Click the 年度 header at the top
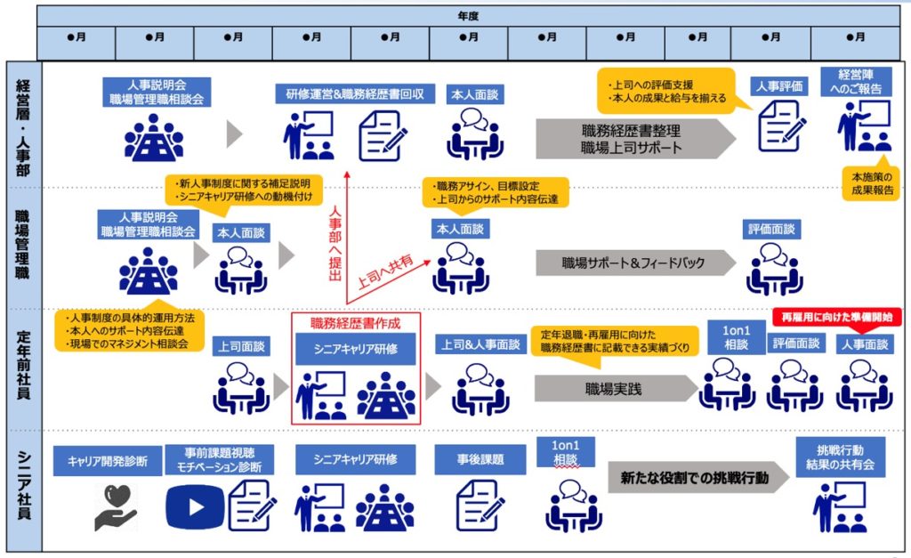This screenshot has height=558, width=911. click(x=468, y=15)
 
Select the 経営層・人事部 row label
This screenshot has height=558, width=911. click(x=22, y=125)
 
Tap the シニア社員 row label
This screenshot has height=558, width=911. click(x=22, y=489)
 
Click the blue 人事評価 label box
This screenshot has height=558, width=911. click(x=779, y=85)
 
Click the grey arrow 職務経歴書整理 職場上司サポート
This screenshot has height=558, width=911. click(x=632, y=139)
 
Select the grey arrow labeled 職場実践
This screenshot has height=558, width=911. click(x=614, y=389)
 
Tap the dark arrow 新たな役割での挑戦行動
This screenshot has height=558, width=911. click(x=694, y=477)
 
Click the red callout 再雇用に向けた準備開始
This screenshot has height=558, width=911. click(x=835, y=316)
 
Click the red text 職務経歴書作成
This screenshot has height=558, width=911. click(x=355, y=322)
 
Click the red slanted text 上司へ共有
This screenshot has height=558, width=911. click(x=384, y=271)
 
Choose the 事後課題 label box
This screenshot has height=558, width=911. click(x=481, y=460)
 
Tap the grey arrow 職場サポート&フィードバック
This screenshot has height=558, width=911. click(x=632, y=263)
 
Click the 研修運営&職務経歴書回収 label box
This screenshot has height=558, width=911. click(x=354, y=93)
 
